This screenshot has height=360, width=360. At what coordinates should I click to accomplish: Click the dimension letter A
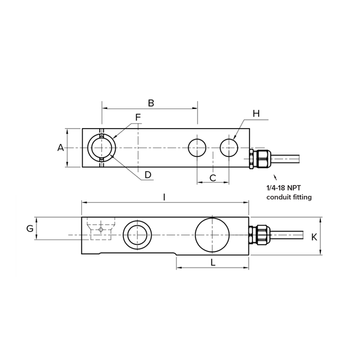(x=60, y=148)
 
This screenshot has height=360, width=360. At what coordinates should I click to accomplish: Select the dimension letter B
(x=151, y=103)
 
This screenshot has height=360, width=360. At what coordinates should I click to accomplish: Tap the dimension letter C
(x=213, y=178)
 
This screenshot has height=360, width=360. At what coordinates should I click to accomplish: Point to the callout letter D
(x=148, y=175)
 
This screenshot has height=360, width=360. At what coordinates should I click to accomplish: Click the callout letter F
(x=138, y=117)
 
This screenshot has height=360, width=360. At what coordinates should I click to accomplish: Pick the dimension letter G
(x=30, y=228)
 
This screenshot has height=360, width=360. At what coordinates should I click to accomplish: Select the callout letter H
(x=256, y=114)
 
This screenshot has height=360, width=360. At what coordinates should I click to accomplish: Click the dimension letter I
(x=164, y=197)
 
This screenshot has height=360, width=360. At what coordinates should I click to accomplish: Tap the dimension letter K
(x=314, y=237)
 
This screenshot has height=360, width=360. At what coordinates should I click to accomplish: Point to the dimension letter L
(x=213, y=262)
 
